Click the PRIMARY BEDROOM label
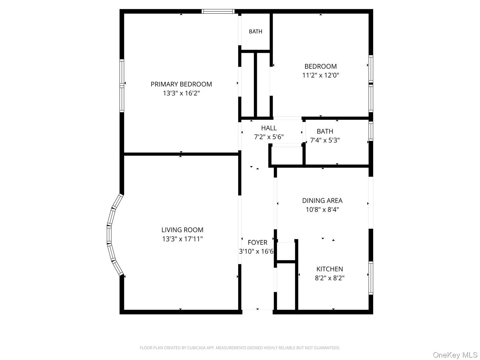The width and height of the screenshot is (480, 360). pyautogui.click(x=181, y=84)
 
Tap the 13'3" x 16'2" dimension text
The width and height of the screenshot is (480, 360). pyautogui.click(x=181, y=93)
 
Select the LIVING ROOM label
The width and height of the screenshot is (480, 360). pyautogui.click(x=182, y=230)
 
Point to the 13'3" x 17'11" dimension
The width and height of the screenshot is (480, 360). pyautogui.click(x=182, y=239)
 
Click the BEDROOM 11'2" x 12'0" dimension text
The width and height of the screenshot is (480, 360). pyautogui.click(x=320, y=75)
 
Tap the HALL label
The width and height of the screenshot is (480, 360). pyautogui.click(x=269, y=128)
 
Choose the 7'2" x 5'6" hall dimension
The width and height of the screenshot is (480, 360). pyautogui.click(x=269, y=137)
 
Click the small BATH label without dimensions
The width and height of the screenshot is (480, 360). pyautogui.click(x=256, y=31)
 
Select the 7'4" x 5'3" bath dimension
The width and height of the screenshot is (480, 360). pyautogui.click(x=325, y=140)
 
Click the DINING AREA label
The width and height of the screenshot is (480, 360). pyautogui.click(x=322, y=201)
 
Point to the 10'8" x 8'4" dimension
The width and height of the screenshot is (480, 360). pyautogui.click(x=322, y=210)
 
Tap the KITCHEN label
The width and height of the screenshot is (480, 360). pyautogui.click(x=330, y=269)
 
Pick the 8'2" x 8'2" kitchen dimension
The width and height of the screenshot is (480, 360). pyautogui.click(x=330, y=278)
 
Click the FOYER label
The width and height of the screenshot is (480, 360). pyautogui.click(x=257, y=242)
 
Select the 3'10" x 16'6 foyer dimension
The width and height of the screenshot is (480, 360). pyautogui.click(x=256, y=251)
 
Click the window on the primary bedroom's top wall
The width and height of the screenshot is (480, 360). pyautogui.click(x=218, y=11)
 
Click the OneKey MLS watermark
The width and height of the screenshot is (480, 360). pyautogui.click(x=455, y=355)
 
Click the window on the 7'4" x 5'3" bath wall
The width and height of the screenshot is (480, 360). pyautogui.click(x=371, y=131)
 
